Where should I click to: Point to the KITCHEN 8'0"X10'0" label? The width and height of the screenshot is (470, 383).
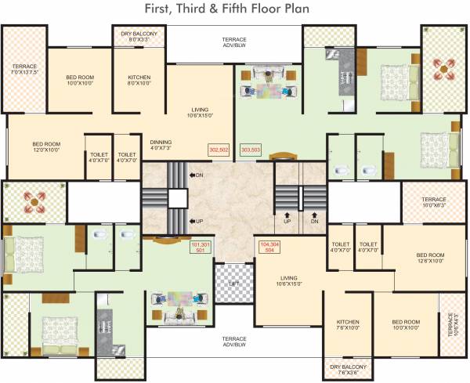pyautogui.click(x=144, y=81)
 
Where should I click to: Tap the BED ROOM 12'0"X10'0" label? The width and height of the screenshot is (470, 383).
pyautogui.click(x=47, y=147)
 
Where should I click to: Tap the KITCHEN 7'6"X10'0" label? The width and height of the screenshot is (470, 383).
pyautogui.click(x=347, y=325)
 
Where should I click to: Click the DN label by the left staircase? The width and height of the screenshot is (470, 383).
pyautogui.click(x=199, y=175)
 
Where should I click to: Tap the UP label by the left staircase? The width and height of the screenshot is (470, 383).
pyautogui.click(x=199, y=222)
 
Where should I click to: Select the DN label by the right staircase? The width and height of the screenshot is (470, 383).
pyautogui.click(x=314, y=222)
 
